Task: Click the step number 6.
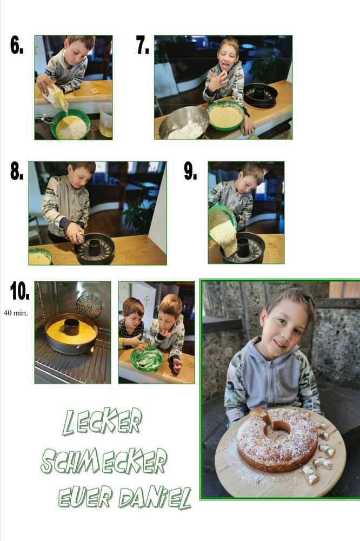click(17, 45)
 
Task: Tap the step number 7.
click(142, 45)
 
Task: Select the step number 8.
click(17, 171)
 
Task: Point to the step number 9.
click(190, 171)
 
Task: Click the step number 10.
click(19, 291)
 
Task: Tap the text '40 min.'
click(16, 313)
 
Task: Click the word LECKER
click(102, 421)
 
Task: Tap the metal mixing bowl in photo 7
click(184, 123)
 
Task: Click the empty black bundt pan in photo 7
click(261, 94)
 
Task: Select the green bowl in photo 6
click(71, 124)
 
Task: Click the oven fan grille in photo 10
click(89, 305)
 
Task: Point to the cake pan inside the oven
click(71, 334)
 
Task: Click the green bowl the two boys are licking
click(147, 359)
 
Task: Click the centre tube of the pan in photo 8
click(94, 247)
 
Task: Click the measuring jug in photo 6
click(106, 120)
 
